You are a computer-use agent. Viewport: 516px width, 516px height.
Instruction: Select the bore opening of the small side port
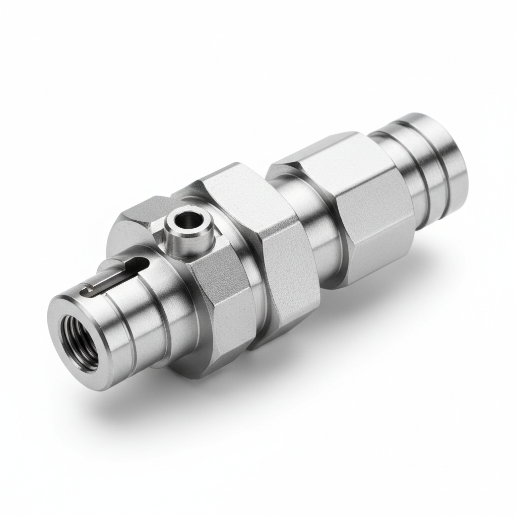[189, 220]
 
